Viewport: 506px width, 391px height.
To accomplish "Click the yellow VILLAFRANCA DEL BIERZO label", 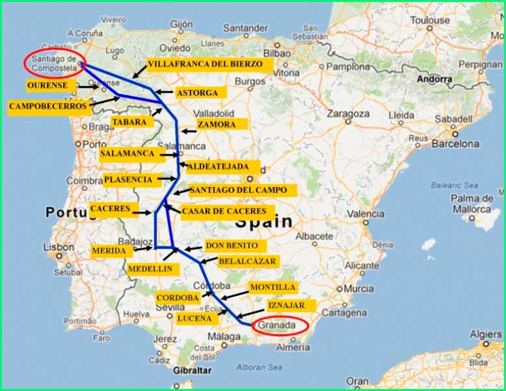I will [205, 65].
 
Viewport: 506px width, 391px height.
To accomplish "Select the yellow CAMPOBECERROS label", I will [47, 106].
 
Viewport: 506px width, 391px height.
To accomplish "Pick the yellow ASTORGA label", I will [197, 93].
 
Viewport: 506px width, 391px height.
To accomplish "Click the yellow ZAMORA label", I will [217, 124].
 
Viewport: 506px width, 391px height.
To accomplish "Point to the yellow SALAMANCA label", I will [127, 154].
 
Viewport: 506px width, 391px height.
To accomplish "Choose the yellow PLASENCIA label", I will [127, 179].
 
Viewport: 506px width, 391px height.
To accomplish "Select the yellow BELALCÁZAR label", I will [247, 261].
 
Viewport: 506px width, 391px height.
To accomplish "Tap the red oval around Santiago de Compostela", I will [55, 63].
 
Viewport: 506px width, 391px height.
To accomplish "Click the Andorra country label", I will [434, 79].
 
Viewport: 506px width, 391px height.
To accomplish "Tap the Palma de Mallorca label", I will [472, 203].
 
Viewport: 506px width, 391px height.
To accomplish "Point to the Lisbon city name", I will [59, 248].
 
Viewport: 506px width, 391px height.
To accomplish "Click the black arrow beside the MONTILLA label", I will [235, 293].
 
